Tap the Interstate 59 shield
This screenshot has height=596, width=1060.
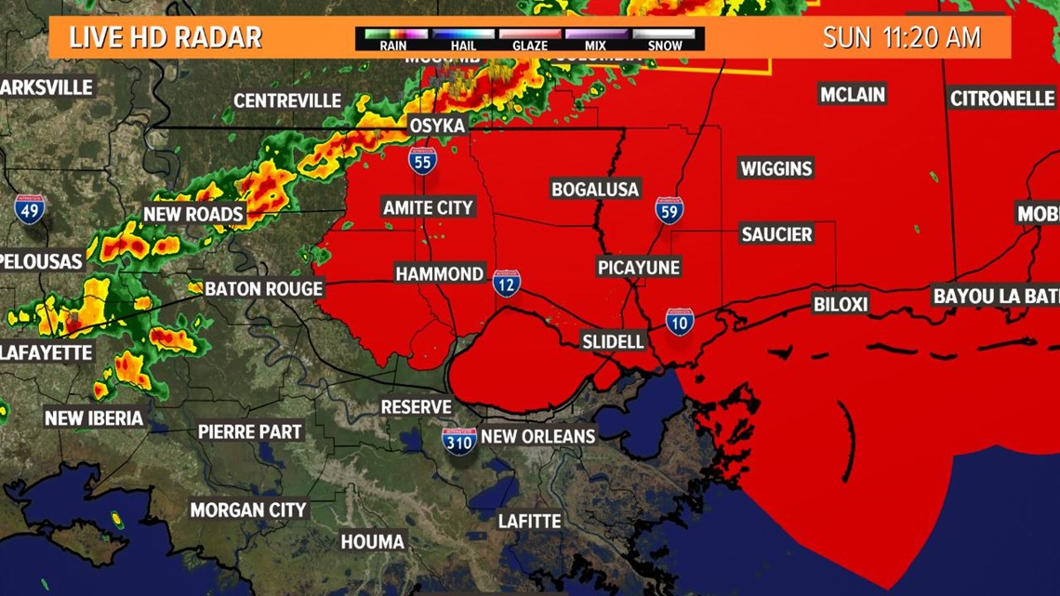pos(669,210)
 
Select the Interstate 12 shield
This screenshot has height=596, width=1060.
pos(506,283)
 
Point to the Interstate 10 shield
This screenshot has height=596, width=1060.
pos(680,322)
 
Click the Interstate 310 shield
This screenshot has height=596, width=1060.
pos(459,440)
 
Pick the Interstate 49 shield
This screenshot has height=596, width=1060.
pos(29,209)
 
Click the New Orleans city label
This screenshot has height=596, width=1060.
pos(537,435)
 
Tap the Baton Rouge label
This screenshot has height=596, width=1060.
pos(263,288)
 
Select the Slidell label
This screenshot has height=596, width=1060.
pos(613,341)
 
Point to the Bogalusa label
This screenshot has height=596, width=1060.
pos(595,189)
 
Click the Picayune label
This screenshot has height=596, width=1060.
pos(639,268)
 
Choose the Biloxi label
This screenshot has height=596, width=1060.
pos(840,304)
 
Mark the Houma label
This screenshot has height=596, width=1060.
pos(372,541)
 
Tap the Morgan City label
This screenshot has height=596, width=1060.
pos(248,510)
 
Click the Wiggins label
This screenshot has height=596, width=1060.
pos(775,168)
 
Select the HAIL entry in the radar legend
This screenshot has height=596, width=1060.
pos(462,39)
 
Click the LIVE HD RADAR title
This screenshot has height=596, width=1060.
pos(166,38)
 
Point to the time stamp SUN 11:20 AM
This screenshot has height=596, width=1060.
pos(901,37)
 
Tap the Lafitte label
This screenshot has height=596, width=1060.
pos(529,521)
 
